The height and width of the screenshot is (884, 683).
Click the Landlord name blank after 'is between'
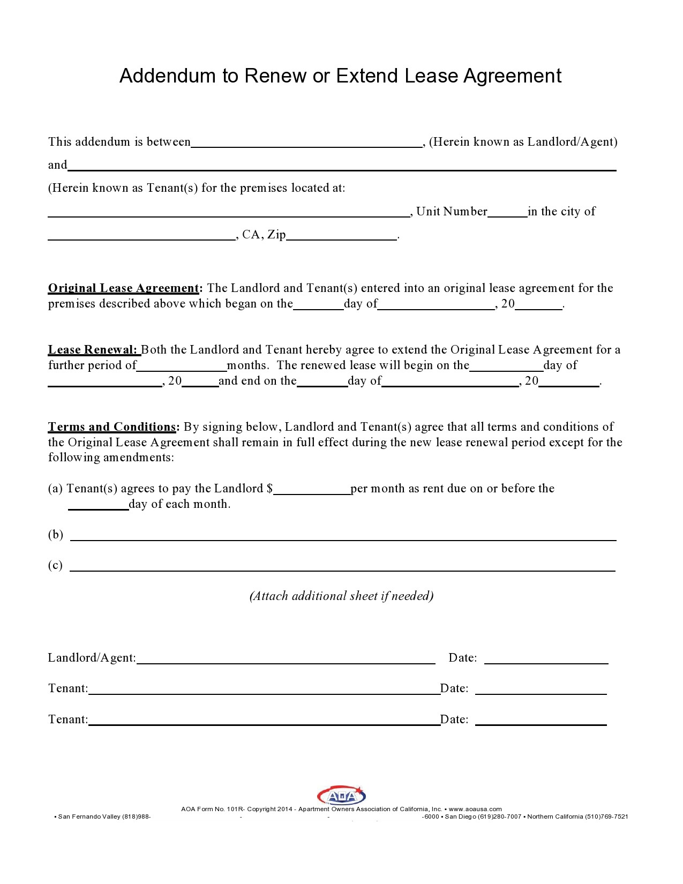click(x=306, y=143)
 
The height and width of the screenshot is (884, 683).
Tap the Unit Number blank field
click(x=507, y=212)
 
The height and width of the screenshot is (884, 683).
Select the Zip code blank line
click(x=342, y=236)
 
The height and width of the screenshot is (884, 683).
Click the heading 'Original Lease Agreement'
click(x=124, y=288)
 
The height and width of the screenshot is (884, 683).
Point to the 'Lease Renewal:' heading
click(x=93, y=350)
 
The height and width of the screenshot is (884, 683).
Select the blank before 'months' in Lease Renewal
click(x=182, y=366)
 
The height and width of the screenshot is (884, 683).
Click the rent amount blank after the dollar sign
click(x=312, y=490)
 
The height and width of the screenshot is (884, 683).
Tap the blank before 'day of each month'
click(x=99, y=505)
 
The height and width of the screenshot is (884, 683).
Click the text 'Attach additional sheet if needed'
click(x=341, y=596)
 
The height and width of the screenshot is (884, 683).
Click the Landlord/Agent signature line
click(x=286, y=659)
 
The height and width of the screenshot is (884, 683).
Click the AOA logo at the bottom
click(x=341, y=796)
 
